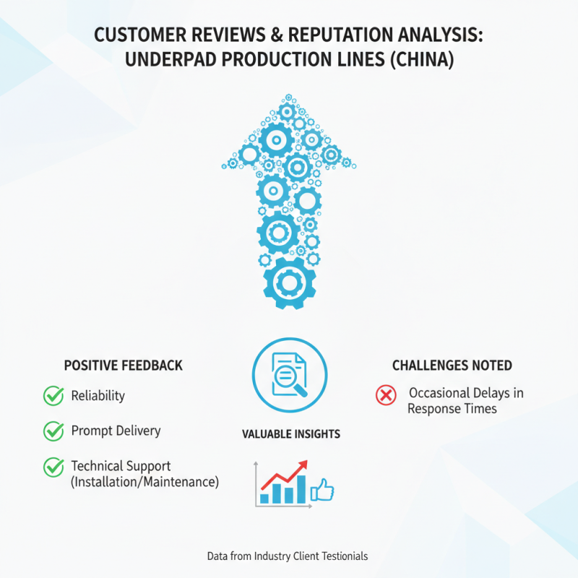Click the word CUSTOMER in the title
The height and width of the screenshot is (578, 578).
[x=140, y=35]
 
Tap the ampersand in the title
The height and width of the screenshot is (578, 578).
[x=276, y=35]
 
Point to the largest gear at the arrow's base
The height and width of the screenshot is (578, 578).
[x=290, y=283]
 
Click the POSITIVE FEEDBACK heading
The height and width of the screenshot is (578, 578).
[x=124, y=366]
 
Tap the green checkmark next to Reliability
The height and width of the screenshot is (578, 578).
[x=53, y=395]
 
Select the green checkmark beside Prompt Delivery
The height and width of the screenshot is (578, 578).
[x=53, y=431]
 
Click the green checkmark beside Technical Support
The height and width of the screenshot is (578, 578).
[x=53, y=467]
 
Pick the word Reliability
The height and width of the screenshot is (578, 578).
[x=98, y=396]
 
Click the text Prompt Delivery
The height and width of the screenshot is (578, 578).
[x=116, y=431]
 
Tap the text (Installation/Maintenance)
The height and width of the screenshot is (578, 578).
[x=145, y=482]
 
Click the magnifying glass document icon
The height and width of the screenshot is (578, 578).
[x=290, y=375]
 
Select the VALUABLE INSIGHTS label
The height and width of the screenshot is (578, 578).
[x=291, y=434]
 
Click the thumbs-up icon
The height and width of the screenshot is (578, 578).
[x=322, y=491]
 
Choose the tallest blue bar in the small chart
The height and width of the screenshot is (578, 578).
[x=301, y=489]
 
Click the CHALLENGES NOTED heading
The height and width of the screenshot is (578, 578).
[x=452, y=366]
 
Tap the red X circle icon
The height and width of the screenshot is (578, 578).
[x=386, y=395]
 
